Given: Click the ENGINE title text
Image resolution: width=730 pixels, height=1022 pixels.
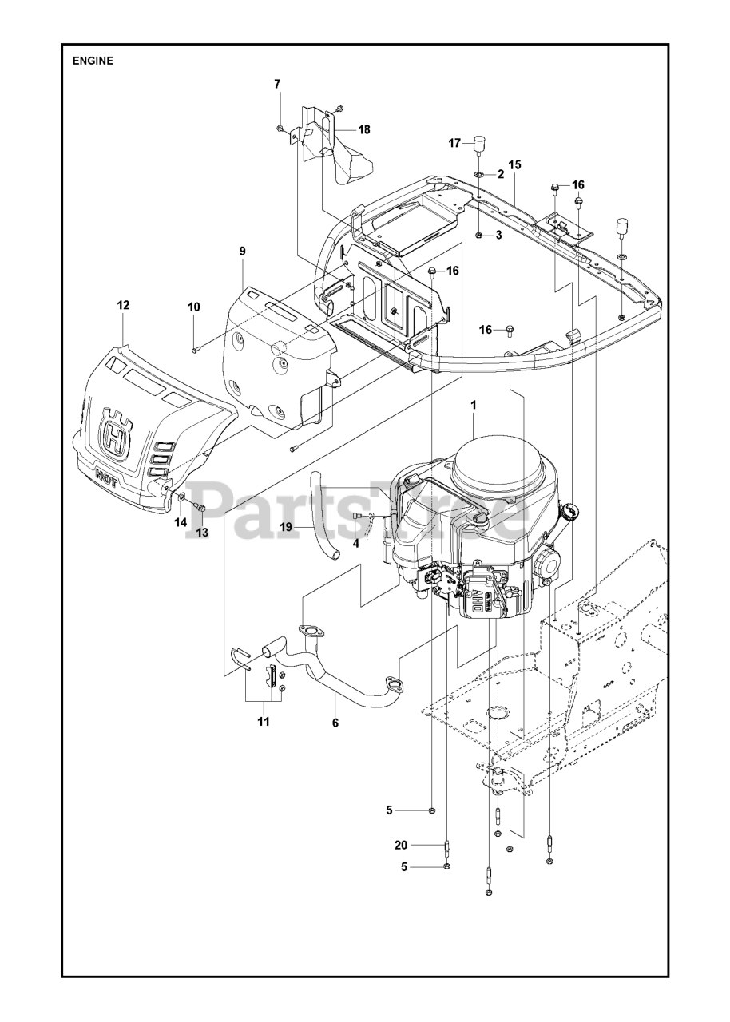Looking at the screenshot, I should coord(93,61).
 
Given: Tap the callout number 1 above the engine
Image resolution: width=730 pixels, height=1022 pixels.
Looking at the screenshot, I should coord(474,406).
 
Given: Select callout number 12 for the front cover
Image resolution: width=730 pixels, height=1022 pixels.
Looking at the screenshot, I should coord(123,305).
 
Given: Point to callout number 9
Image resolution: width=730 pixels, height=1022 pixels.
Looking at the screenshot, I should coord(242,252).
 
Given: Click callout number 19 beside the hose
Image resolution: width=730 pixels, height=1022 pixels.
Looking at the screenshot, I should coord(285,527).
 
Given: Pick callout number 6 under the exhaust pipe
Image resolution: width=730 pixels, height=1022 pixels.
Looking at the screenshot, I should coord(335,723).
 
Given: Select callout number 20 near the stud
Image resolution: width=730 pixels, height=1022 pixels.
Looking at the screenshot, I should coord(401,845).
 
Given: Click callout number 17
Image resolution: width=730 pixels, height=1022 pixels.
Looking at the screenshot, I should coord(454,144).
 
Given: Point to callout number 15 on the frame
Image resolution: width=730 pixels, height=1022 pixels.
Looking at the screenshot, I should coord(514,164).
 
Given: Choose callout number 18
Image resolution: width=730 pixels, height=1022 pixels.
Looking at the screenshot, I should coord(363,129).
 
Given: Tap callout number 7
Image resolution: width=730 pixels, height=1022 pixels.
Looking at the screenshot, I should coord(277,84).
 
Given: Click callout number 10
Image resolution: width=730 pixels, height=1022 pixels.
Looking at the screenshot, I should coord(194,307).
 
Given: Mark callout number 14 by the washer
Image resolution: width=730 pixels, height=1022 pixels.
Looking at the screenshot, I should coord(181,522).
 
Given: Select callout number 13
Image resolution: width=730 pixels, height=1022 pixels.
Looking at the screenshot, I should coord(202,533).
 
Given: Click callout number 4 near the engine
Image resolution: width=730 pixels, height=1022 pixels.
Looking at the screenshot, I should coord(356,543).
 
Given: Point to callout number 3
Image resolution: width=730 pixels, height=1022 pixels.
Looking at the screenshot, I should coord(498,235).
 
